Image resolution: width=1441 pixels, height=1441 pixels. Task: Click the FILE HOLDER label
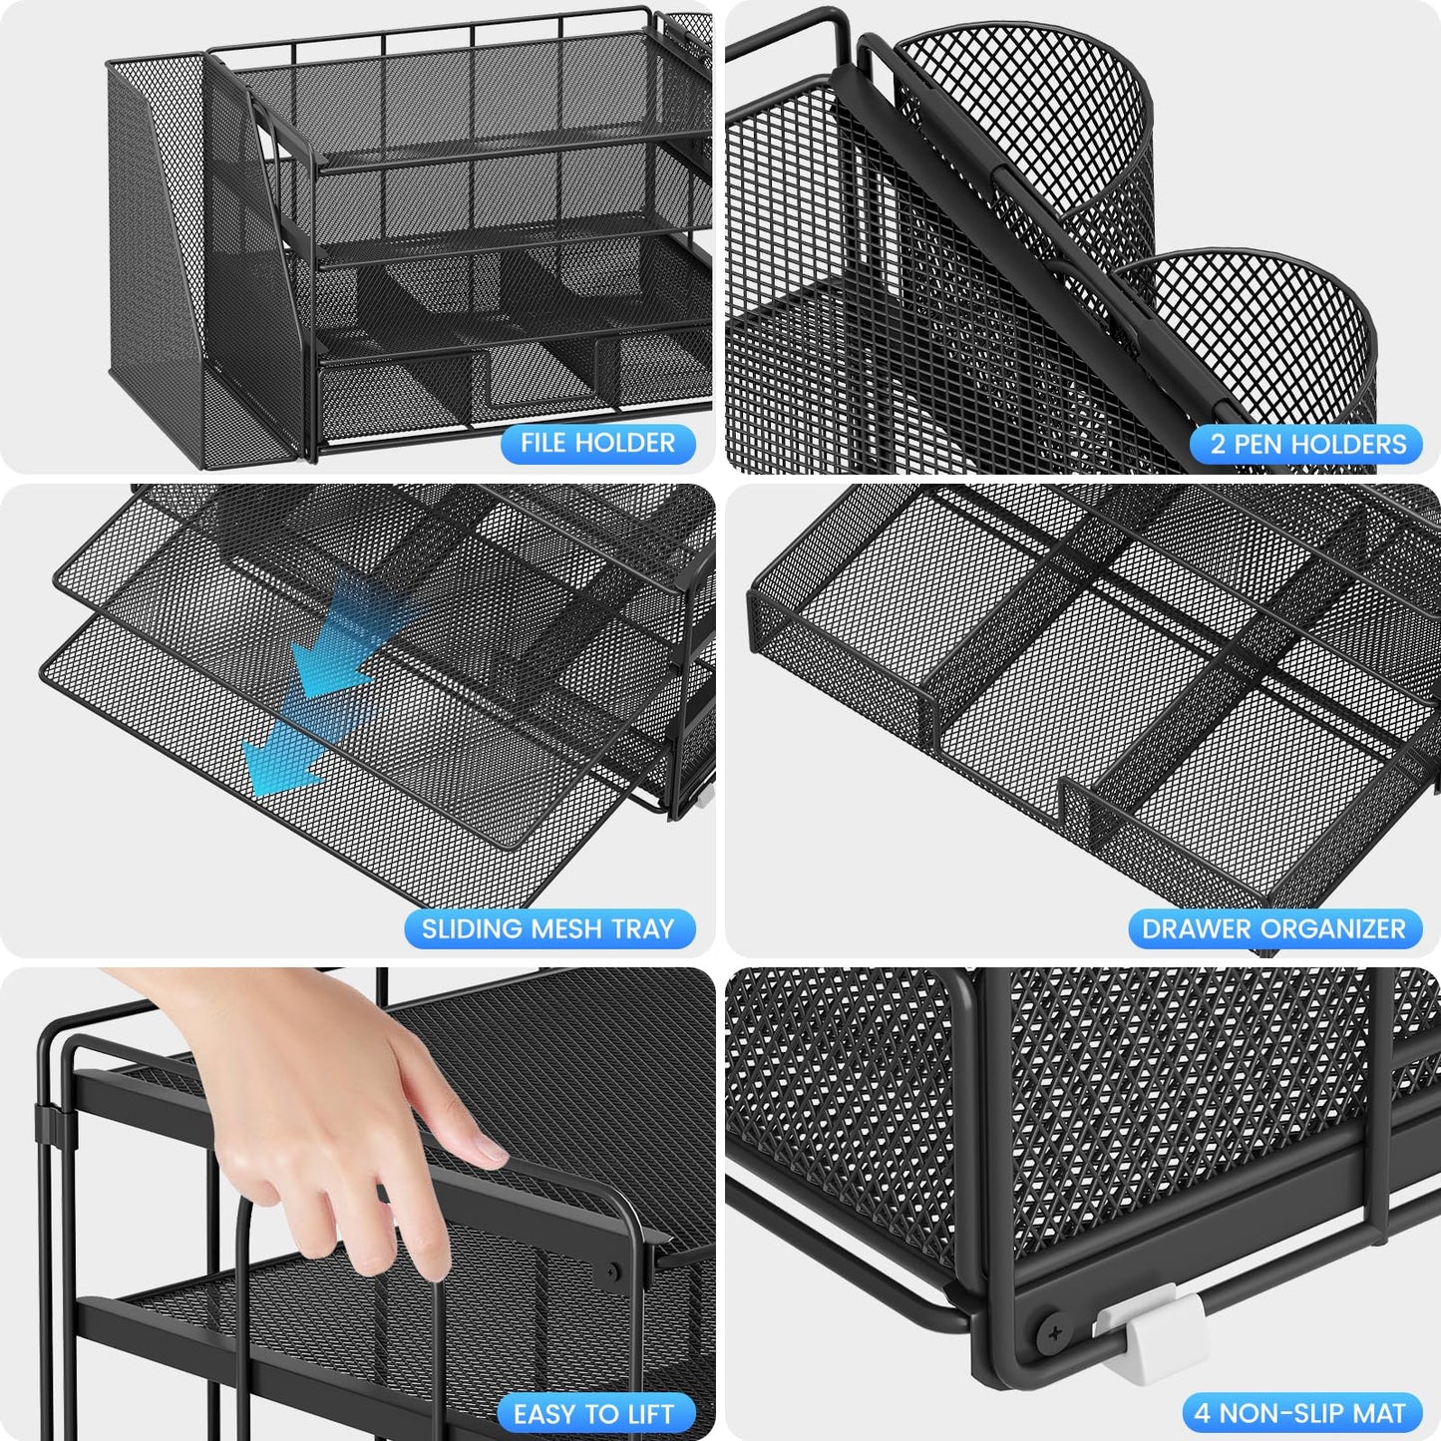pos(597,443)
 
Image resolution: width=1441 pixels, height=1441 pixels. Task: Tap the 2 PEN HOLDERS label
pos(1307,445)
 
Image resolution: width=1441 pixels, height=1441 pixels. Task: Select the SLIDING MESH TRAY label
pos(548,929)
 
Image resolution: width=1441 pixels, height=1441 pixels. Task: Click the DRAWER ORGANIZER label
pos(1273,929)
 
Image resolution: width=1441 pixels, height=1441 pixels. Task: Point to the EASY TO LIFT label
pos(593,1414)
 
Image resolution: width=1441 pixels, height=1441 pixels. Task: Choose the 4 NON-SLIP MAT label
pos(1300,1414)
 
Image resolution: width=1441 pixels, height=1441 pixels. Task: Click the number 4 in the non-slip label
pos(1202,1414)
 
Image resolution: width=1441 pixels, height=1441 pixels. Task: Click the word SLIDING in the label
pos(473,929)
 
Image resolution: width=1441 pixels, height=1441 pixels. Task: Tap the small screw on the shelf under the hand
pos(611,1272)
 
